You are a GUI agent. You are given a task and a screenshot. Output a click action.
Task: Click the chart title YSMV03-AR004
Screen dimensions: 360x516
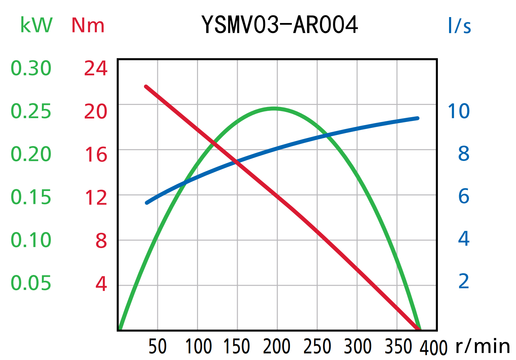280,25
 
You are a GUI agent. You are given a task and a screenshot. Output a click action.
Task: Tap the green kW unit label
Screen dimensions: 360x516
36,25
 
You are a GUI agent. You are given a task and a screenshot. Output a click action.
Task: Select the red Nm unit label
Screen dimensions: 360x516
88,25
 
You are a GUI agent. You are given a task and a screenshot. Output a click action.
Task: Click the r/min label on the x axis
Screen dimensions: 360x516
483,346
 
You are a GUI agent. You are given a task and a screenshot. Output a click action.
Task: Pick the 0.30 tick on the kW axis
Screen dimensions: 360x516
31,68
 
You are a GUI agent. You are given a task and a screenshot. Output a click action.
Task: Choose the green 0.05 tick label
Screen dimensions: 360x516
31,283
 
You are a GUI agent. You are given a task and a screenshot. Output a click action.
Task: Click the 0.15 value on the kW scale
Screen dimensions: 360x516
31,197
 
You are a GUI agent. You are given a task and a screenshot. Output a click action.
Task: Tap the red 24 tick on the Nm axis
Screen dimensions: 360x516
96,68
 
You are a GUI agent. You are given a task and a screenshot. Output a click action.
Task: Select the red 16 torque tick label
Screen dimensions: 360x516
96,155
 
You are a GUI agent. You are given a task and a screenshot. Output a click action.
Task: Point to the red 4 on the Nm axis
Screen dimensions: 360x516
101,284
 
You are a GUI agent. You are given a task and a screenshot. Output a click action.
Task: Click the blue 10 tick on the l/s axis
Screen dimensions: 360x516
458,112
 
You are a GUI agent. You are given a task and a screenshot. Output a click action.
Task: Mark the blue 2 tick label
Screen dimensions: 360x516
464,281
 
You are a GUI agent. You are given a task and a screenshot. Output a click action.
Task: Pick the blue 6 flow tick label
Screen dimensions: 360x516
464,196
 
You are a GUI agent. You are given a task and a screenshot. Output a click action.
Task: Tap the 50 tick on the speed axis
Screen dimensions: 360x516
158,347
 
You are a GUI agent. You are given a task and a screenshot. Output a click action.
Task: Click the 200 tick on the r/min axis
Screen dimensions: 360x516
277,347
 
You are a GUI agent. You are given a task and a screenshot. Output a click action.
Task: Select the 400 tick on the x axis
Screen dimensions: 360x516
433,347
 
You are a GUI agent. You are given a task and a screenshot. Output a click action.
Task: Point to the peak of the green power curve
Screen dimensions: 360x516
274,108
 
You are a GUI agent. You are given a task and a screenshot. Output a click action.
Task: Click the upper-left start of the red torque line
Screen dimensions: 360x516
146,86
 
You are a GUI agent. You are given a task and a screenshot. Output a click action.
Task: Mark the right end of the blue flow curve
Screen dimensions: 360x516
417,118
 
